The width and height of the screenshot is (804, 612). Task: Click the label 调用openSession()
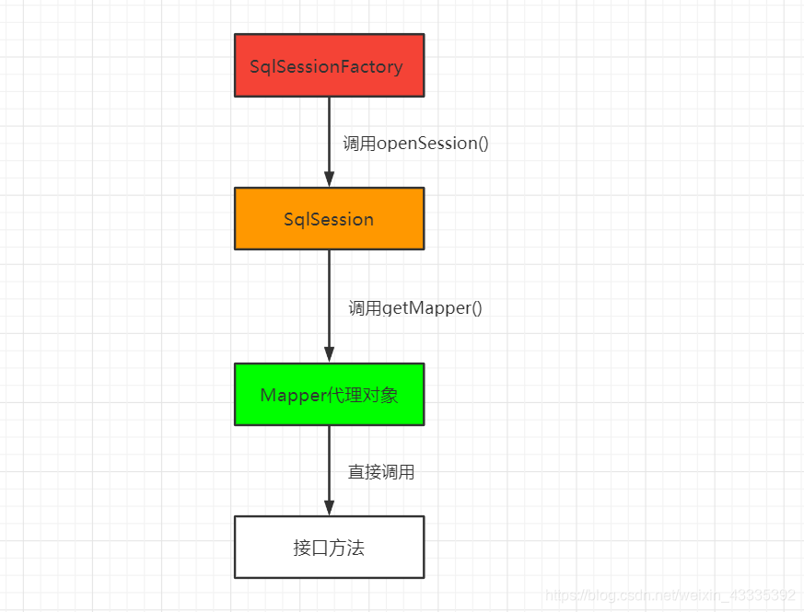coord(415,144)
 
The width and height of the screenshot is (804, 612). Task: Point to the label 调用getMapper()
coord(415,308)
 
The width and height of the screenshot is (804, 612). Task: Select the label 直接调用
coord(381,472)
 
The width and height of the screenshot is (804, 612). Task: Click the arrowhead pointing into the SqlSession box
coord(329,179)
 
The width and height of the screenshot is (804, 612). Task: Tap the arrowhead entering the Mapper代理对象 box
coord(329,354)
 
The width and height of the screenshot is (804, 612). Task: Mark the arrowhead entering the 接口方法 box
coord(329,507)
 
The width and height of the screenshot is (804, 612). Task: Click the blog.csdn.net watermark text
coord(670,595)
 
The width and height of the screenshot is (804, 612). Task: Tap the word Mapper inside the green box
coord(293,395)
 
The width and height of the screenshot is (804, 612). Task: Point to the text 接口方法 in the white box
coord(329,548)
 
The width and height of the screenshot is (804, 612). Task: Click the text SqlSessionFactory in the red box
coord(326,67)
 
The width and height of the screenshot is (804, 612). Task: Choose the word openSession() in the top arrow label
coord(432,144)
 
